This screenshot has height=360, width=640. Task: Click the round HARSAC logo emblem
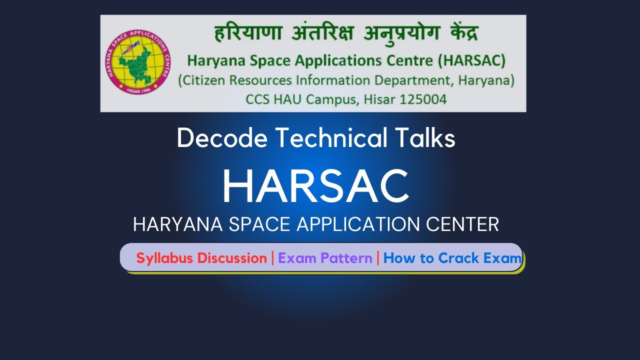(137, 63)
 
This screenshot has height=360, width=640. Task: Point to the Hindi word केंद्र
(457, 34)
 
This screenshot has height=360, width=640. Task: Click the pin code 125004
(423, 99)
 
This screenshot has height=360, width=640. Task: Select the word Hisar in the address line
(375, 99)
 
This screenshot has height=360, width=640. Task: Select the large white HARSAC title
(315, 185)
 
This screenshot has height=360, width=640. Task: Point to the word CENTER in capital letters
(462, 224)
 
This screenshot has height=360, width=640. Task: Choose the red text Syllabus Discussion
(201, 258)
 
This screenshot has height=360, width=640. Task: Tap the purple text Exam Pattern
(325, 258)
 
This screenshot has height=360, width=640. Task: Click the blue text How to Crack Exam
(452, 258)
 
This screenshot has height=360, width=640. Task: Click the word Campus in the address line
(329, 99)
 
